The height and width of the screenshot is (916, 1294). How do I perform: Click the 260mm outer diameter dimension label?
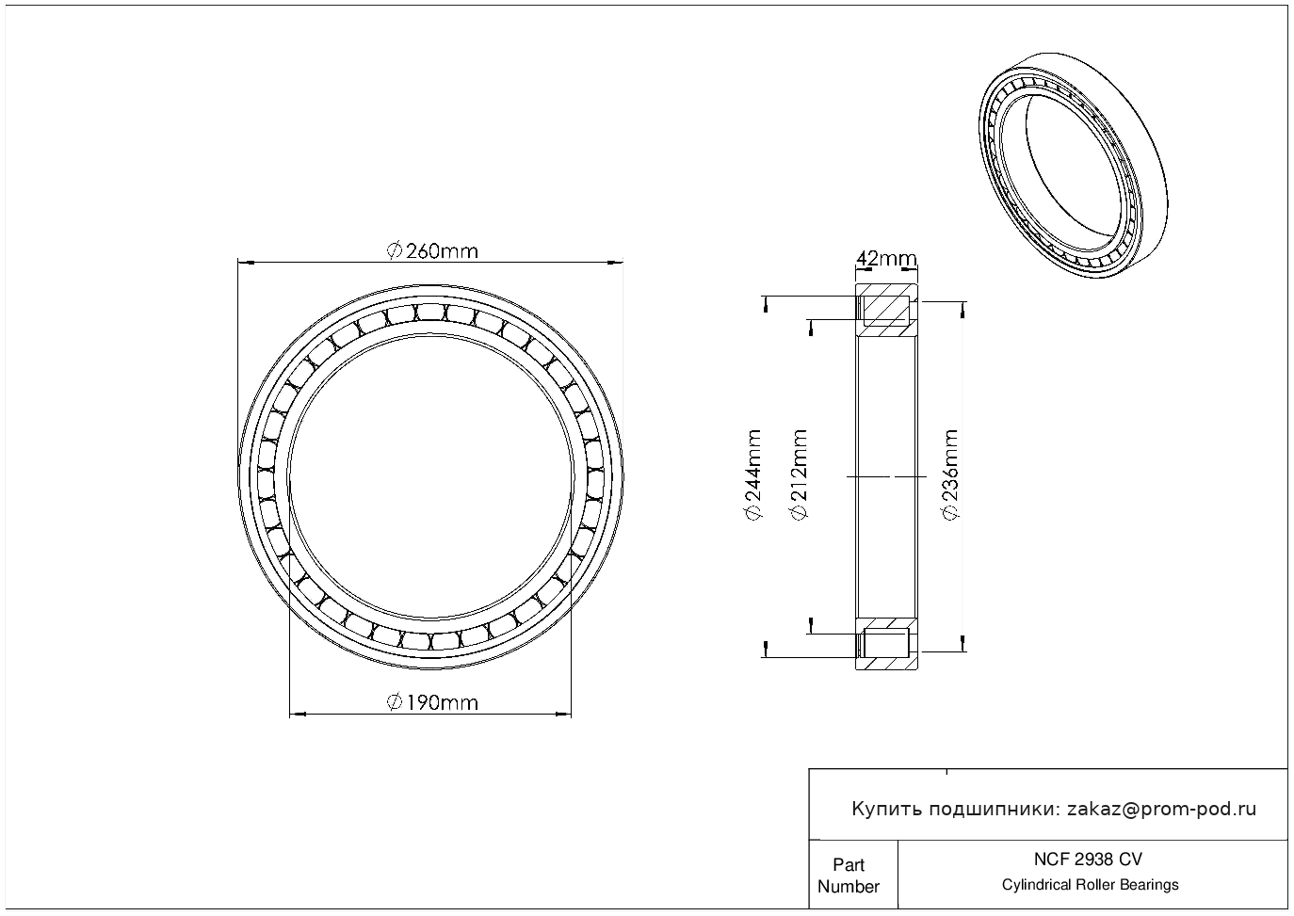point(432,251)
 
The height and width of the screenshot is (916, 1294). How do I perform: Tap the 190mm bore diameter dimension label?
point(432,703)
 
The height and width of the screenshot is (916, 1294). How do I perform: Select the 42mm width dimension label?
point(886,258)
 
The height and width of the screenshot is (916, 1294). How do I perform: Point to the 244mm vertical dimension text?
point(753,474)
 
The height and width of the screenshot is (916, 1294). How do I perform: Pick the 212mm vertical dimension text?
point(799,474)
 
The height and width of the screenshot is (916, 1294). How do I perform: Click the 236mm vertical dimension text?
point(950,474)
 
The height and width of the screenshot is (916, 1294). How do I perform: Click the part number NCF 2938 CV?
point(1089,860)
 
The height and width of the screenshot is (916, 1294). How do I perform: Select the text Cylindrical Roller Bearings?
point(1090,884)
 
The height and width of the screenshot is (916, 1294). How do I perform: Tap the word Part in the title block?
point(849,864)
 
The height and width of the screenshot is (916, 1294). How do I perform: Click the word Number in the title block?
point(849,886)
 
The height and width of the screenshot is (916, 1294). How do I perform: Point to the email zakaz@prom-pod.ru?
point(1161,810)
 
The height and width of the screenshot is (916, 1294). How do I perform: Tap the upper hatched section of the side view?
point(886,311)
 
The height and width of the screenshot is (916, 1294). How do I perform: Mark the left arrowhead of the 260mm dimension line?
point(246,263)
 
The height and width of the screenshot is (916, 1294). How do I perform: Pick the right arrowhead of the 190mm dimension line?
point(563,715)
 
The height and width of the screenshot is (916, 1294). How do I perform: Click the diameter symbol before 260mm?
point(394,251)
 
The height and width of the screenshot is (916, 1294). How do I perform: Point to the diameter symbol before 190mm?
point(394,703)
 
